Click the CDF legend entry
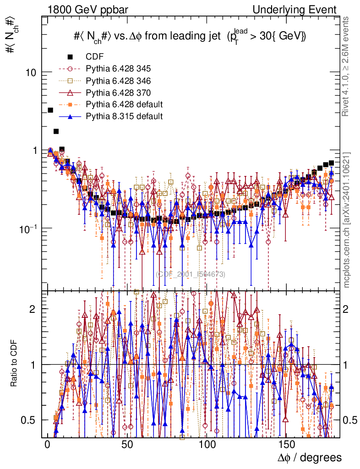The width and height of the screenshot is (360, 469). pyautogui.click(x=95, y=57)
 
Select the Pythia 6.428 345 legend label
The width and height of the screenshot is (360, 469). pyautogui.click(x=118, y=69)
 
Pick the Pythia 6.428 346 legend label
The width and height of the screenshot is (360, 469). pyautogui.click(x=118, y=81)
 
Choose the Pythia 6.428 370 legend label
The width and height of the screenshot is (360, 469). pyautogui.click(x=118, y=93)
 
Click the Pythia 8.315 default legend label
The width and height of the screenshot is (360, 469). pyautogui.click(x=124, y=116)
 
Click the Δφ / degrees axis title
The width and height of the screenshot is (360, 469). pyautogui.click(x=310, y=458)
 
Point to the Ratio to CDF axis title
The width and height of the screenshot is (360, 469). pyautogui.click(x=14, y=364)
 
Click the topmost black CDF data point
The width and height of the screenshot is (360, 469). pyautogui.click(x=50, y=110)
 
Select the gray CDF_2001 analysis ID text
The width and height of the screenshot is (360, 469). pyautogui.click(x=191, y=274)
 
